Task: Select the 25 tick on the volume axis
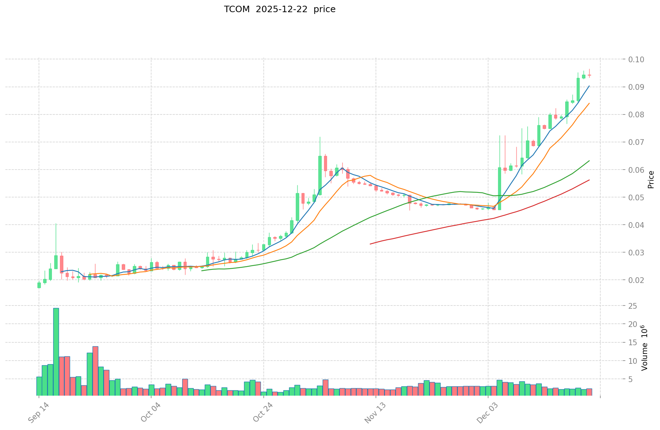[632, 306]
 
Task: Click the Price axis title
[651, 180]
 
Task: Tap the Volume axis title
[644, 348]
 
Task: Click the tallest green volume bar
[56, 352]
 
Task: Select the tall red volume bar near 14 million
[95, 371]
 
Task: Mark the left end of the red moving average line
[370, 244]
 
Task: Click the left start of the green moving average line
[202, 270]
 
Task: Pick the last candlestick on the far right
[589, 75]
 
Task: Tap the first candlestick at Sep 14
[39, 285]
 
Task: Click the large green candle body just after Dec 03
[500, 189]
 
